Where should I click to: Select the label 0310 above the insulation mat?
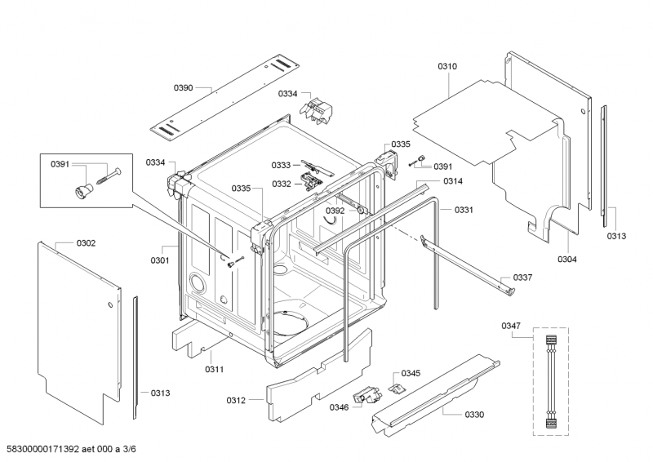point(447,66)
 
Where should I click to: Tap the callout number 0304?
point(567,260)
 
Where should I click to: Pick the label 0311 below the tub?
point(214,370)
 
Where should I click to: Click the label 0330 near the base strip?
point(474,415)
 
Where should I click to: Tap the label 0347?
point(511,326)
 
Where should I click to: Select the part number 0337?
point(522,278)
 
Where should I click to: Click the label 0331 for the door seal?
point(464,210)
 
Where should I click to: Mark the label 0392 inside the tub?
point(335,211)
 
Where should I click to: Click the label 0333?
point(282,164)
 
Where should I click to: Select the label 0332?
point(282,184)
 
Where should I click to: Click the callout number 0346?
point(340,406)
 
